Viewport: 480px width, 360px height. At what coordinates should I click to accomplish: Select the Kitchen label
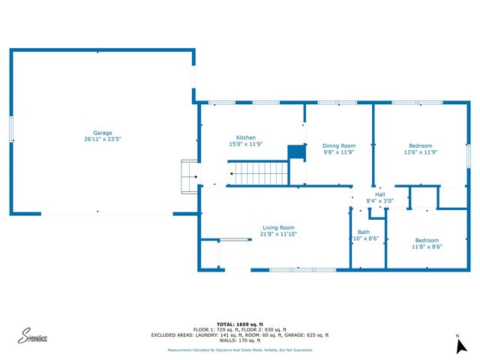(x=246, y=137)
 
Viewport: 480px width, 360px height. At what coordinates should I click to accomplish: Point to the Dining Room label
(x=338, y=145)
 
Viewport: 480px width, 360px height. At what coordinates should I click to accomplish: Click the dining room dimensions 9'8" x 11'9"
(x=338, y=152)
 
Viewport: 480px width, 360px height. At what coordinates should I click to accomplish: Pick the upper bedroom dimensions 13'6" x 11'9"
(x=420, y=152)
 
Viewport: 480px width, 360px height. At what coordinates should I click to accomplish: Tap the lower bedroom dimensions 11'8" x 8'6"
(x=427, y=247)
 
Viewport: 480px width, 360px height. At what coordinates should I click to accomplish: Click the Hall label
(x=379, y=194)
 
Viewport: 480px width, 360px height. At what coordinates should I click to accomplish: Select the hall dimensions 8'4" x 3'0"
(x=379, y=201)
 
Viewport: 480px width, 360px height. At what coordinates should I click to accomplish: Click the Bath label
(x=363, y=232)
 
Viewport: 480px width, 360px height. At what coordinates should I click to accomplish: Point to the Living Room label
(x=278, y=227)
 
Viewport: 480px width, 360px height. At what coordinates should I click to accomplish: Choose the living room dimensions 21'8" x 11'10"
(x=278, y=234)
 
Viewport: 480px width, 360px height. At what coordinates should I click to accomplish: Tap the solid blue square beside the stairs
(x=298, y=152)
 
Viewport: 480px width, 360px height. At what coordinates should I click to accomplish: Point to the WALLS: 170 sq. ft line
(x=239, y=340)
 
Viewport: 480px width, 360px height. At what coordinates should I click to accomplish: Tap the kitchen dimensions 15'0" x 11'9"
(x=246, y=144)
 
